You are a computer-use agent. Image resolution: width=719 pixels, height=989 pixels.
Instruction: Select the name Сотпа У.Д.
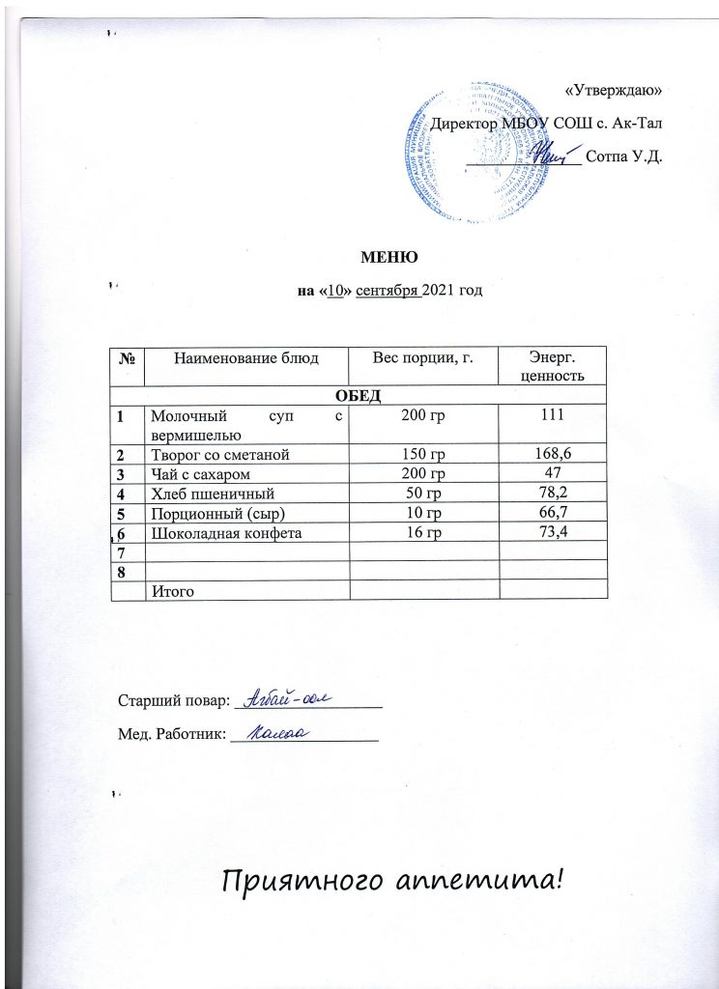(x=624, y=156)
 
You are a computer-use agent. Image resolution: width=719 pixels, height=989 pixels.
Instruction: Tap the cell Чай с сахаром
(x=192, y=473)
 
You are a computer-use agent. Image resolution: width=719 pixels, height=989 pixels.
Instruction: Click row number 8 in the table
(x=123, y=571)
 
